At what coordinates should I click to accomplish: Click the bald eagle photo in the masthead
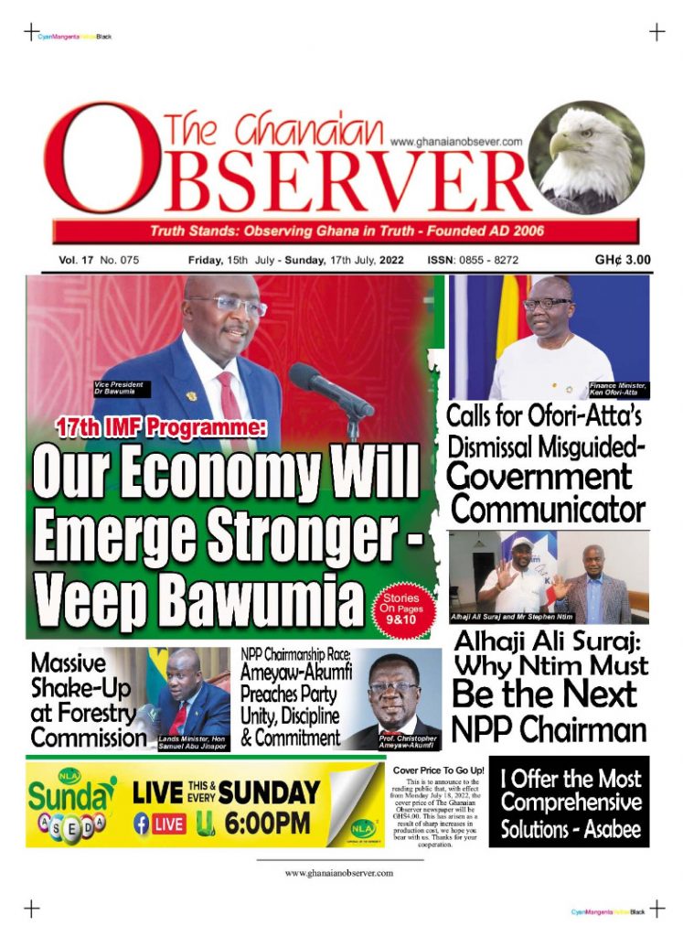pos(588,157)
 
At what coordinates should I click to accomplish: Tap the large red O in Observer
pos(97,160)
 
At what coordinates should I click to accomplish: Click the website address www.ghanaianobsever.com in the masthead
pos(455,142)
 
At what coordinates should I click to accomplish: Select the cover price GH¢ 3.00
pos(623,260)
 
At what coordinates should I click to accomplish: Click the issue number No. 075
pos(120,261)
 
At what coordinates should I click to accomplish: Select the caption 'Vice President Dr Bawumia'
pos(121,388)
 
